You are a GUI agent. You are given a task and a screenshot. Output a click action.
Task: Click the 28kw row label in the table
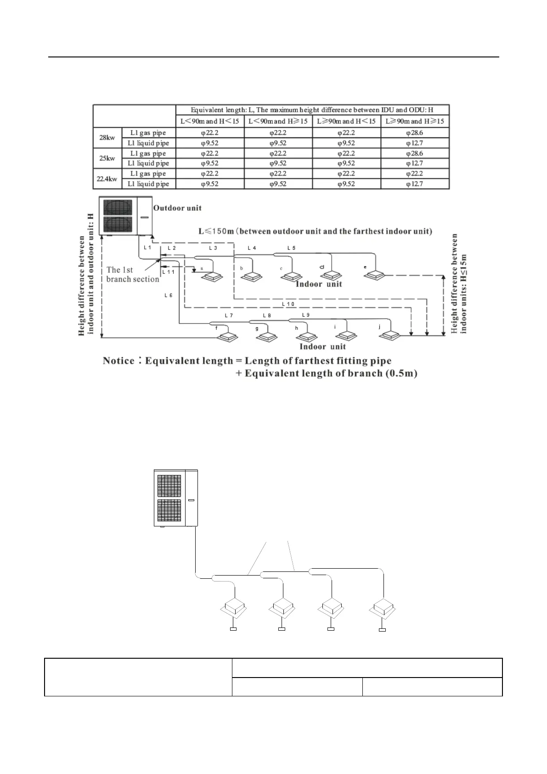tap(107, 138)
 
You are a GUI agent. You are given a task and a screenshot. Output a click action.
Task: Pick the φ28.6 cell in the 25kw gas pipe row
tap(415, 153)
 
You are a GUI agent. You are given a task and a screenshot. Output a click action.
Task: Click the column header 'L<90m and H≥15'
tap(278, 121)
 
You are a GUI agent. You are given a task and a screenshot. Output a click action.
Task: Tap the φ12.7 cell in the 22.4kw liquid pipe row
tap(415, 184)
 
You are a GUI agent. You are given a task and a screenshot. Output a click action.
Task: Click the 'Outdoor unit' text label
tap(177, 208)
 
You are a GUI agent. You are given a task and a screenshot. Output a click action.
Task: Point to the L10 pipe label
tap(288, 304)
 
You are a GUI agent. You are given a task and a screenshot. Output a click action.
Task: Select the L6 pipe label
tap(169, 295)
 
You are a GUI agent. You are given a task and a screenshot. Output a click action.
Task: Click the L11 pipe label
tap(169, 272)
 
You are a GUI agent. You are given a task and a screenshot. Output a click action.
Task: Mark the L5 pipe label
tap(291, 248)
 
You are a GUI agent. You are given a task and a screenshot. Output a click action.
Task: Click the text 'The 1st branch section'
tap(133, 275)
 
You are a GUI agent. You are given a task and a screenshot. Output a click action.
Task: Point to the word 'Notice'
tap(118, 361)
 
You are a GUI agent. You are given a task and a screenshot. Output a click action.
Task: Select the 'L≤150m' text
tap(216, 231)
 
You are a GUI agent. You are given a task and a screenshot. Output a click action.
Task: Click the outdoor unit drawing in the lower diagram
tap(175, 498)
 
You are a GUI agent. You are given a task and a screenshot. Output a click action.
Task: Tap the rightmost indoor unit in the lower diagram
tap(382, 610)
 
